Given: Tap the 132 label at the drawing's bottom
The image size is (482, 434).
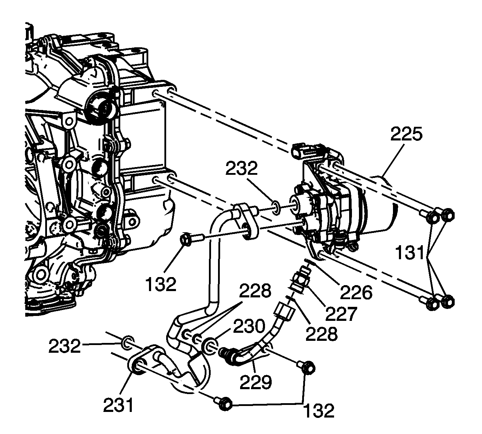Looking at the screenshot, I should pyautogui.click(x=318, y=410).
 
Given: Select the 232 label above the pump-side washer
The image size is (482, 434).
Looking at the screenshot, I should pyautogui.click(x=242, y=169).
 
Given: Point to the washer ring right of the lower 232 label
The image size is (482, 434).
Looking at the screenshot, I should pyautogui.click(x=128, y=342).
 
